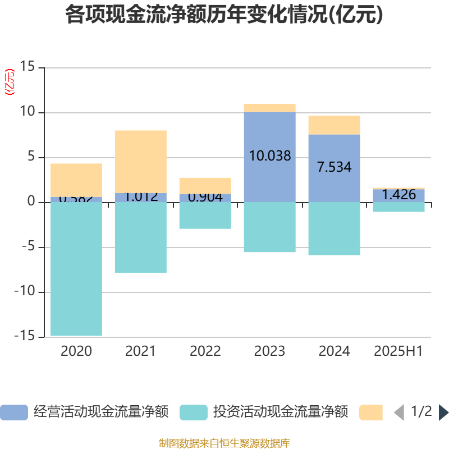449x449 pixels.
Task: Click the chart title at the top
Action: coord(224,15)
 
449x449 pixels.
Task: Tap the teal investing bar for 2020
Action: coord(76,269)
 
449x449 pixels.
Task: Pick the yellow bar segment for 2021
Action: coord(140,161)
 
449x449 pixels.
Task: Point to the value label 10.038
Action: coord(270,156)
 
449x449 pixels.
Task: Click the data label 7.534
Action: coord(335,167)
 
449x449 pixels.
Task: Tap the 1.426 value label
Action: coord(398,195)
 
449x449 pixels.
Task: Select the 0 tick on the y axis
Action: coord(31,202)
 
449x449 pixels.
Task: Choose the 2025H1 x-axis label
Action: coord(398,351)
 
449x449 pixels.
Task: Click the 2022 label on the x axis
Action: coord(205,351)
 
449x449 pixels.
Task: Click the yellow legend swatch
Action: coord(370,413)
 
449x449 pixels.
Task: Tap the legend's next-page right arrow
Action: coord(443,413)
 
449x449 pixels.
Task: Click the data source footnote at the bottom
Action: coord(224,443)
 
